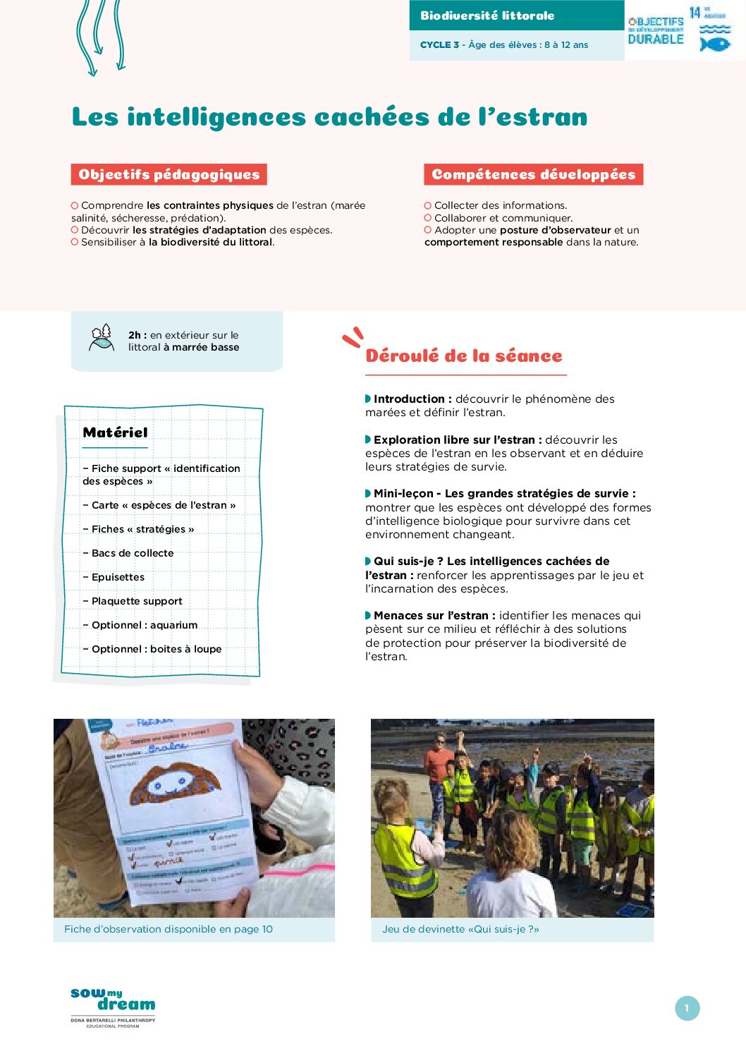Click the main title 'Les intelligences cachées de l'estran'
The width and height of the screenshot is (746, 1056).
[x=329, y=117]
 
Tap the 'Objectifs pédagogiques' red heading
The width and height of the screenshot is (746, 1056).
[x=169, y=174]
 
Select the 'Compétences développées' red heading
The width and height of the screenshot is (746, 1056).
[x=533, y=174]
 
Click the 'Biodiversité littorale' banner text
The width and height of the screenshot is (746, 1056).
[x=487, y=16]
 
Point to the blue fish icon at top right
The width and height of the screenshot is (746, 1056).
[x=714, y=43]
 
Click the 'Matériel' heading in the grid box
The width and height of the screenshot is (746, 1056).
[x=115, y=432]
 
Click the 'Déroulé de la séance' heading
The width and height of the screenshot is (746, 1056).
[x=463, y=356]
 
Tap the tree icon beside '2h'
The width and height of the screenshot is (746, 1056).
[x=102, y=338]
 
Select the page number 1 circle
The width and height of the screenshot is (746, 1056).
[x=687, y=1008]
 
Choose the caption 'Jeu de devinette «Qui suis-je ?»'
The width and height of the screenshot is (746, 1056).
[x=460, y=929]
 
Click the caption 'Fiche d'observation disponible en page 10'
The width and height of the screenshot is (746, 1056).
[x=169, y=929]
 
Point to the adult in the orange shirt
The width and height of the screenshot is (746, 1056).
[x=439, y=765]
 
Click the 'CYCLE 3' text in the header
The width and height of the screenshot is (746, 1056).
[x=439, y=44]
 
